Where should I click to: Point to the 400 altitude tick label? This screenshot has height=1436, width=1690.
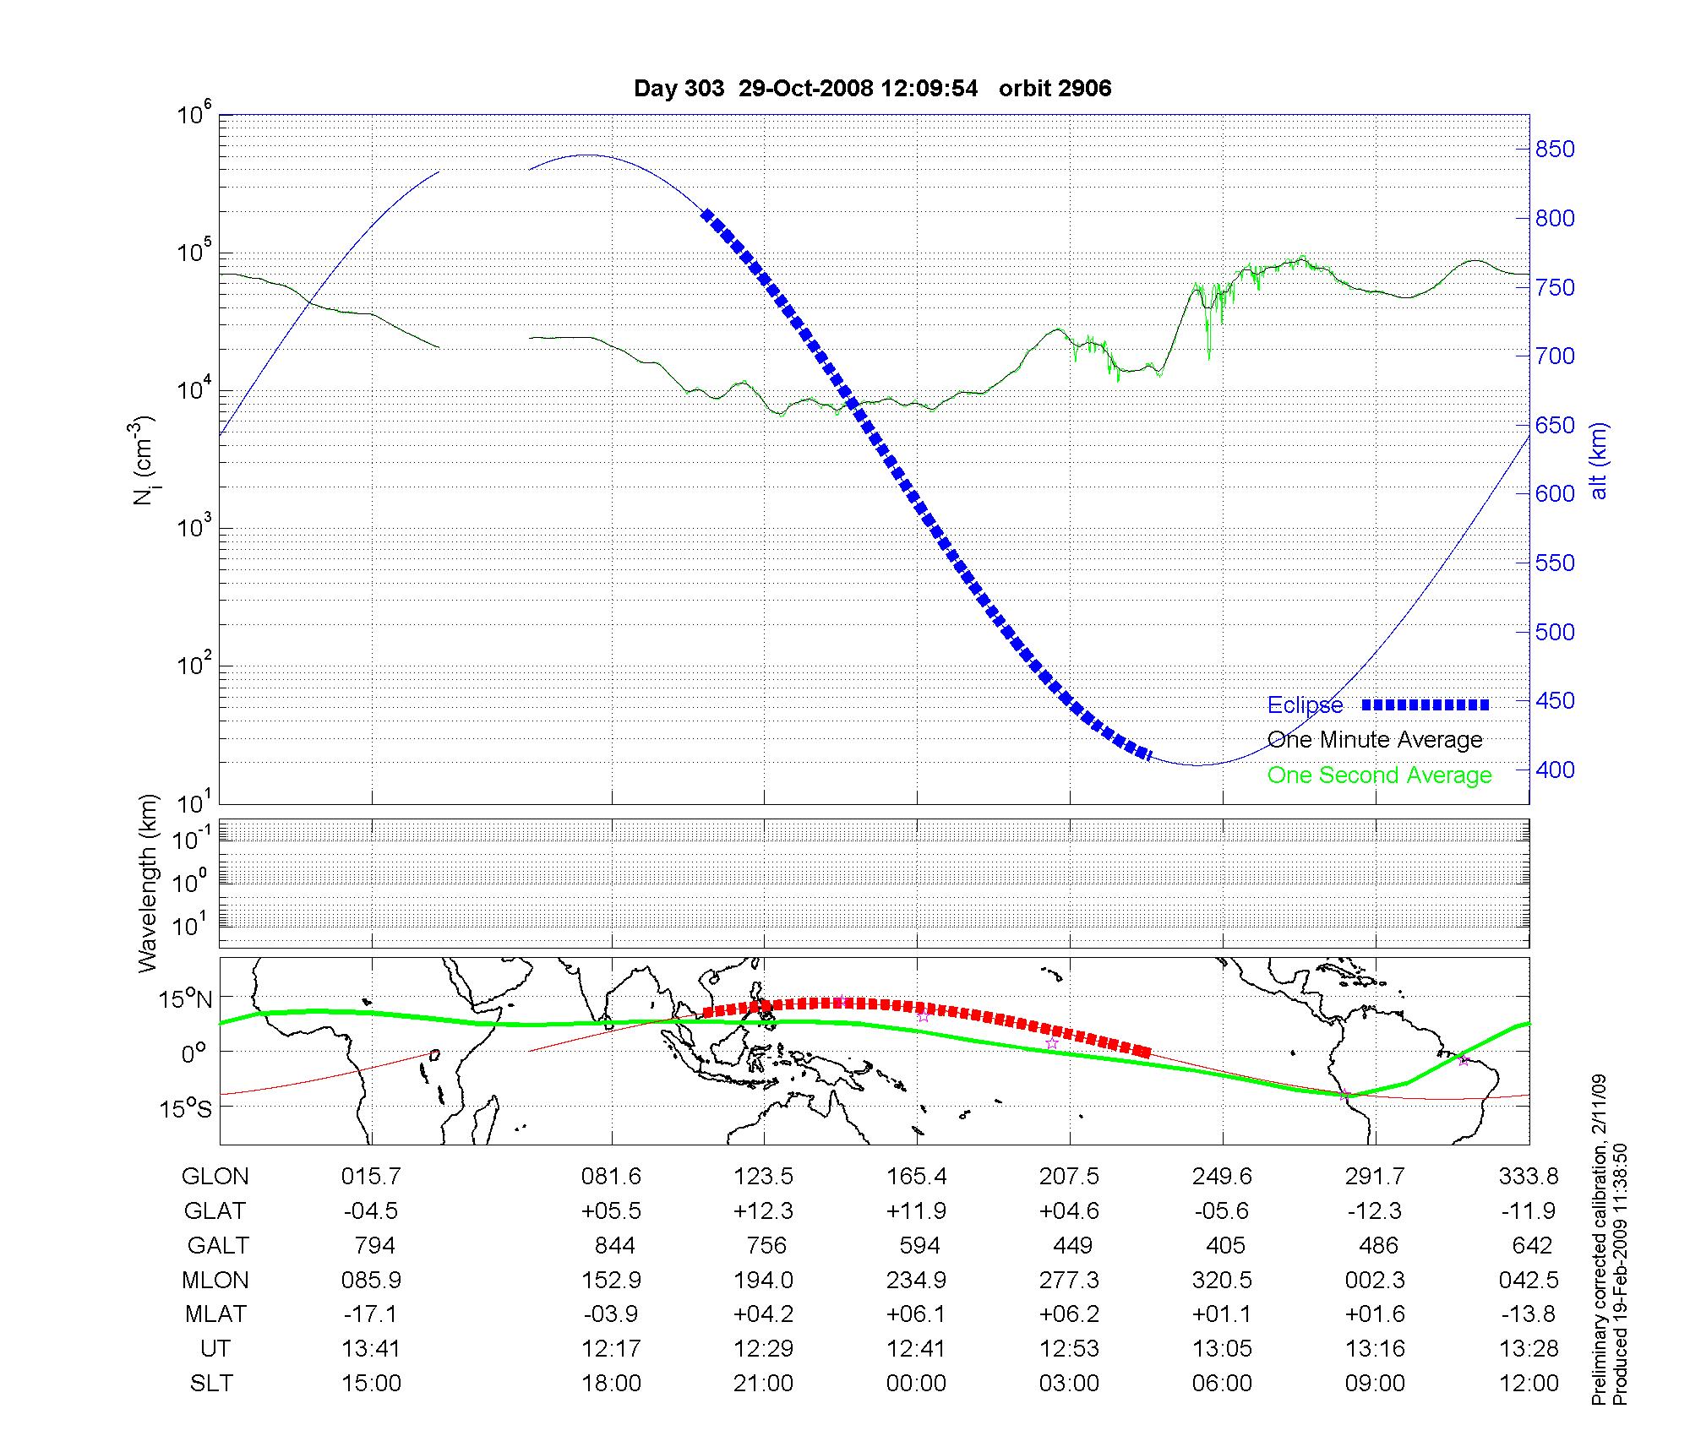click(1555, 770)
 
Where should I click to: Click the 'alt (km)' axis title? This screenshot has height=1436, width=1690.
click(1599, 460)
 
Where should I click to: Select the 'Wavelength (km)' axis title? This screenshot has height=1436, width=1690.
click(147, 884)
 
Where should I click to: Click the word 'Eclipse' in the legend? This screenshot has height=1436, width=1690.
click(1305, 705)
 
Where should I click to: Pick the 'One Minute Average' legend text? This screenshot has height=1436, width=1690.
click(1375, 740)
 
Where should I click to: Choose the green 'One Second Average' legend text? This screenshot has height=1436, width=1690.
click(1379, 775)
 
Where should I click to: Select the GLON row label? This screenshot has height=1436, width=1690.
click(215, 1176)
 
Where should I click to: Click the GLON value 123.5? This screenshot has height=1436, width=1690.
click(764, 1176)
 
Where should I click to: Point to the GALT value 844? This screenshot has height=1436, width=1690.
click(611, 1245)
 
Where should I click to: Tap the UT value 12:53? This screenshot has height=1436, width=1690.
click(1069, 1348)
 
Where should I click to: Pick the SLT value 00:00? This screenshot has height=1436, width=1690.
click(916, 1384)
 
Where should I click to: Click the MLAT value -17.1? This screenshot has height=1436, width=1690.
click(371, 1314)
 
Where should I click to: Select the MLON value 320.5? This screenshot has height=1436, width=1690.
click(1222, 1280)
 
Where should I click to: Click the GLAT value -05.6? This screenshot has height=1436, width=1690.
click(1222, 1210)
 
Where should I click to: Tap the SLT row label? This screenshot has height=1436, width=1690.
click(211, 1384)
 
